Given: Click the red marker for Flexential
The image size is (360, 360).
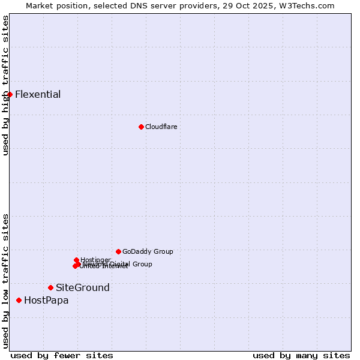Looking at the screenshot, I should tap(10, 94).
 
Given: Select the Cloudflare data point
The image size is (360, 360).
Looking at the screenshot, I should tap(141, 127).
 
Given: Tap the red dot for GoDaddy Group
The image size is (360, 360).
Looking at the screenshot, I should tap(118, 251).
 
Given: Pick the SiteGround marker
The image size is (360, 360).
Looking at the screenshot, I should tap(50, 287).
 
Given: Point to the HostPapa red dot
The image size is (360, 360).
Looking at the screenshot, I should tap(19, 300).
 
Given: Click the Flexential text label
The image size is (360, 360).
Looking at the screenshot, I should tap(38, 94).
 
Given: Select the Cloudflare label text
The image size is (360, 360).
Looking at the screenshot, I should tap(161, 127).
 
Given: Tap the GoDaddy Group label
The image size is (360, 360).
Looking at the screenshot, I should tap(148, 251).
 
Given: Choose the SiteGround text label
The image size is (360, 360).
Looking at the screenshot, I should tap(83, 287).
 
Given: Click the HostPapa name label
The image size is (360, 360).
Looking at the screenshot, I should tap(46, 300).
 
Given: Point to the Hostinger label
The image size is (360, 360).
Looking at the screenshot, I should tap(95, 260).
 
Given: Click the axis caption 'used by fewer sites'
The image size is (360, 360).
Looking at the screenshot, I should tap(62, 355).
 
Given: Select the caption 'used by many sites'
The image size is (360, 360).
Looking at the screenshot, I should tap(301, 355).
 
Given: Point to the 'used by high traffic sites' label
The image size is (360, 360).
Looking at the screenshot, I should tap(5, 85).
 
